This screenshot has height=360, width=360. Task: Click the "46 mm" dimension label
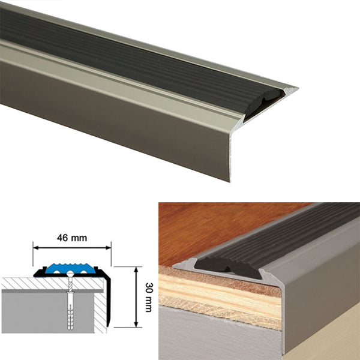click(72, 238)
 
